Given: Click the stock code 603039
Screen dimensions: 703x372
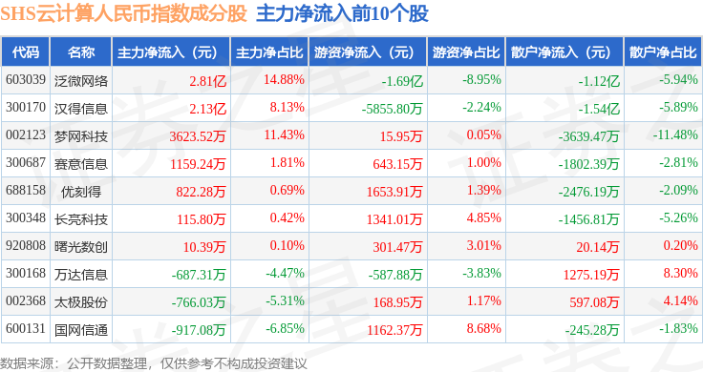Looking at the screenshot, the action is tap(26, 80).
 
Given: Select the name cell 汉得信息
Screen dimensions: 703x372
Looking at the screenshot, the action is tap(81, 109).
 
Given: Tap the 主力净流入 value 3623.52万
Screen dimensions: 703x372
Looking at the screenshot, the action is tap(198, 136).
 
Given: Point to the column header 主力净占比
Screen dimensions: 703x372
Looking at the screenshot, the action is tap(269, 52).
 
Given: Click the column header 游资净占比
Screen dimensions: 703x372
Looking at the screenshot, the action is tap(466, 52).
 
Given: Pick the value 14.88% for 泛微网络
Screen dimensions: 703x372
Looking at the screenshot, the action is tap(284, 80).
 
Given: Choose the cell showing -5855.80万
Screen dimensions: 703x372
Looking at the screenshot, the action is tap(393, 109).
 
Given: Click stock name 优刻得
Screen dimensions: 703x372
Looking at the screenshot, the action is tap(81, 192).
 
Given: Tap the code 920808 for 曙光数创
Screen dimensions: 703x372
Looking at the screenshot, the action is tap(26, 245).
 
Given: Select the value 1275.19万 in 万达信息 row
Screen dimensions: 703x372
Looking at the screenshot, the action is tap(591, 275).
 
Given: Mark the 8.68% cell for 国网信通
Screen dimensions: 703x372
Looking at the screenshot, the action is tap(483, 328).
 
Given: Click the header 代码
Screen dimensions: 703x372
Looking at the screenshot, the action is tap(26, 52).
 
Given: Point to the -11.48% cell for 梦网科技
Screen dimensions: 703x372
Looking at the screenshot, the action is tap(675, 134).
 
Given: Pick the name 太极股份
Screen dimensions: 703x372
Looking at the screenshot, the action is tap(81, 302).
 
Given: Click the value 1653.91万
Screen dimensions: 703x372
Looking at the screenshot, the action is tap(394, 192).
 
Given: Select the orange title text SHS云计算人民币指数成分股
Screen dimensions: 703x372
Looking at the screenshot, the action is tap(124, 13).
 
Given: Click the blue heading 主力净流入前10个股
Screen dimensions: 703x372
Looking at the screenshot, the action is tap(342, 13).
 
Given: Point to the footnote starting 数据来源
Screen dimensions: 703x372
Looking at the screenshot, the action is tap(154, 363).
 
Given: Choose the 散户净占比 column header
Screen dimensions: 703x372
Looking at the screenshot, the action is tap(663, 52).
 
